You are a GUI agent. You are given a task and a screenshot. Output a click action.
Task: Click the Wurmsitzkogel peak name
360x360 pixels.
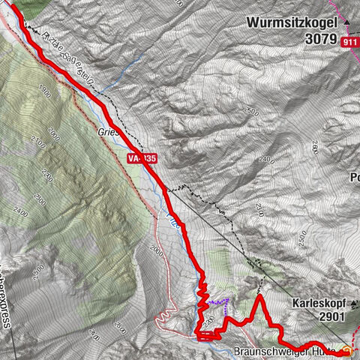[292, 24]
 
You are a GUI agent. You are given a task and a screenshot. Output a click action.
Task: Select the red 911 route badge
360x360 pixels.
[349, 43]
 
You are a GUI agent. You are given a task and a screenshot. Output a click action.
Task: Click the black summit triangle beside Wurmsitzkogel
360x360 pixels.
[347, 23]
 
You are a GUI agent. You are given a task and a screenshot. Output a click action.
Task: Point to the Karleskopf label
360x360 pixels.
[320, 304]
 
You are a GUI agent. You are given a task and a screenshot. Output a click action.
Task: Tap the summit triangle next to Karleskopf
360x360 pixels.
[355, 304]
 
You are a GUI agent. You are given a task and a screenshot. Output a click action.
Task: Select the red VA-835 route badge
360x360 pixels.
[142, 158]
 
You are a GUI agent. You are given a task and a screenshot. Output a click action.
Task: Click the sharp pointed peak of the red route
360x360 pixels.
[259, 297]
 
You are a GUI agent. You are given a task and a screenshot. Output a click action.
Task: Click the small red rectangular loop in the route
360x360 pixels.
[208, 334]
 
